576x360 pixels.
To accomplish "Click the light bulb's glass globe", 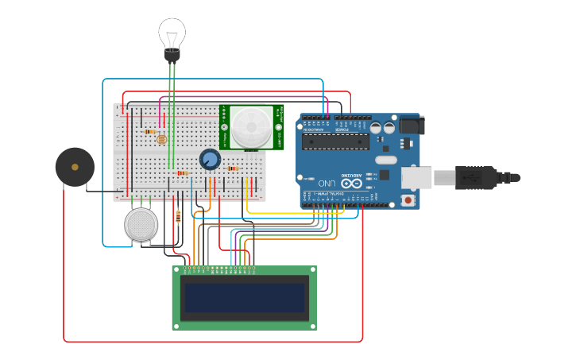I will [x=172, y=33].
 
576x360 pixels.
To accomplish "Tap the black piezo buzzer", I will [x=75, y=167].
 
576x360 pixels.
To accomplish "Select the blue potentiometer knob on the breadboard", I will [x=210, y=160].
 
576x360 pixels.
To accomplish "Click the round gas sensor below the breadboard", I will [x=141, y=225].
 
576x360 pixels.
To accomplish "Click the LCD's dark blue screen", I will [x=244, y=298].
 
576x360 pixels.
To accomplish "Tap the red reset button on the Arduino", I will [x=408, y=200].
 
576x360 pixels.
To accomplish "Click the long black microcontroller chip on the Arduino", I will [x=336, y=141].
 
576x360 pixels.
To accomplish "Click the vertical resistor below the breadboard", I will [x=178, y=215].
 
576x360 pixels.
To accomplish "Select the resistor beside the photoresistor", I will [x=150, y=132].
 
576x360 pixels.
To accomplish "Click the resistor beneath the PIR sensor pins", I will [x=232, y=168].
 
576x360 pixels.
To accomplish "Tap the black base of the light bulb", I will [x=172, y=55].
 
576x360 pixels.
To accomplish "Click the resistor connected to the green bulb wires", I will [x=182, y=172].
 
